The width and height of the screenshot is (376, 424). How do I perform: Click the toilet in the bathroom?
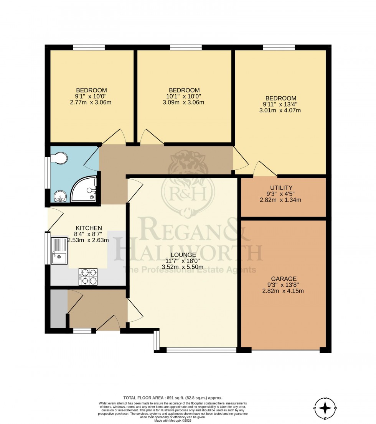point(59,158)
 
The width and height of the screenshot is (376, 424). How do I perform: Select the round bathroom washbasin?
point(60,196)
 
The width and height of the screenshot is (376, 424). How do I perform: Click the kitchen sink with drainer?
point(59,251)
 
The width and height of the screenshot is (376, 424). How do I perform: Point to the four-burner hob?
point(88,276)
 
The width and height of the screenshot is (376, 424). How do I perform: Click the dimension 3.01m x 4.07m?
point(280,111)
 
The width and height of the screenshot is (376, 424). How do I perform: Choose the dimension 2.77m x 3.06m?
point(91,102)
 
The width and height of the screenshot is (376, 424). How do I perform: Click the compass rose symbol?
point(325,407)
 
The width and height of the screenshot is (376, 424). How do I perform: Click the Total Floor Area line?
point(172,398)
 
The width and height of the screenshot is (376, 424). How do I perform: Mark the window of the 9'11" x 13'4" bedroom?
point(279,48)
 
